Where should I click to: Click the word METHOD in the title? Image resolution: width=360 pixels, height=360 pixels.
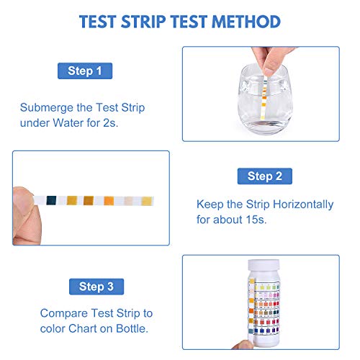pyautogui.click(x=246, y=22)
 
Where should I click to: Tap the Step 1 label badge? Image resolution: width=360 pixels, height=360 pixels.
pyautogui.click(x=85, y=71)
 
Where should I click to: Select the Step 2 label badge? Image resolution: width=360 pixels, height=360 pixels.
pyautogui.click(x=265, y=176)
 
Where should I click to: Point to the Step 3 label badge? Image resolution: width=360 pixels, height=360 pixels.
pyautogui.click(x=96, y=287)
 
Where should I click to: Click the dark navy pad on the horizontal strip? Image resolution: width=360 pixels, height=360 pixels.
pyautogui.click(x=51, y=200)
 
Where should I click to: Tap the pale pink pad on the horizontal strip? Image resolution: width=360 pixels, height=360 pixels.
pyautogui.click(x=128, y=201)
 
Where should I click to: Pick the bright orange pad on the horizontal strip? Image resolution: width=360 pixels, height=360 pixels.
pyautogui.click(x=109, y=201)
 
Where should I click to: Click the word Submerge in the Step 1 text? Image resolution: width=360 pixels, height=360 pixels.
pyautogui.click(x=47, y=108)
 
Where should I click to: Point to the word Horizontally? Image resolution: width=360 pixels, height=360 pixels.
pyautogui.click(x=303, y=204)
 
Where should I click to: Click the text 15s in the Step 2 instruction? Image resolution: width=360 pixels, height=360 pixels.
pyautogui.click(x=256, y=220)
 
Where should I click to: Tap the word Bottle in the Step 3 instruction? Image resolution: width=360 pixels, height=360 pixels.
pyautogui.click(x=132, y=328)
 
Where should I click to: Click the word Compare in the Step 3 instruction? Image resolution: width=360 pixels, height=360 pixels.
pyautogui.click(x=63, y=314)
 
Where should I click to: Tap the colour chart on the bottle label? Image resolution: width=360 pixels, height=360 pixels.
pyautogui.click(x=266, y=309)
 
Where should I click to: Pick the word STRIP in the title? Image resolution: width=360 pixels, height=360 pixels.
pyautogui.click(x=143, y=22)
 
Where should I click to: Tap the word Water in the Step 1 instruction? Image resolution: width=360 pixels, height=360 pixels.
pyautogui.click(x=68, y=123)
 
